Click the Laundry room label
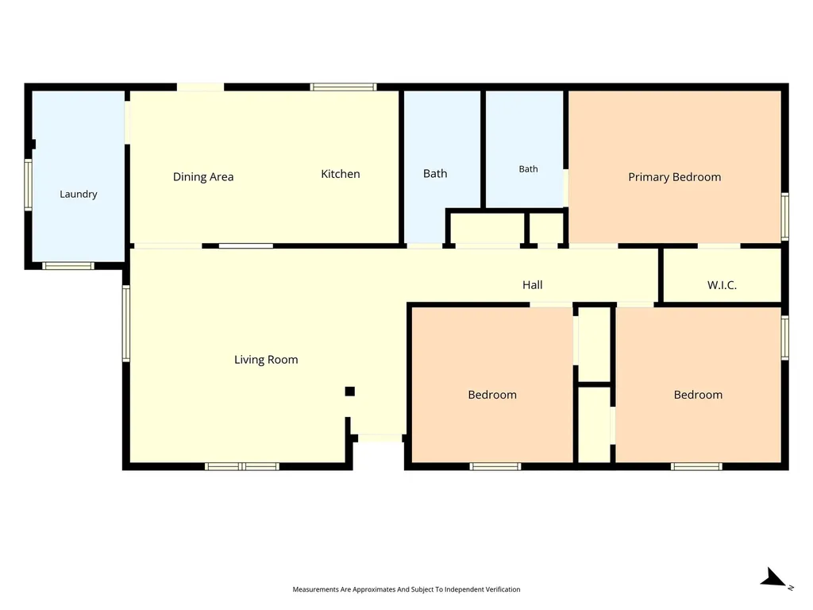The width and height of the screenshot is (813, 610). click(79, 194)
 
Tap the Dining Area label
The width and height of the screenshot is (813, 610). click(203, 177)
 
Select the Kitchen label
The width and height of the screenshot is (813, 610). click(340, 174)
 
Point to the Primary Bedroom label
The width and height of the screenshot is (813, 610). click(675, 177)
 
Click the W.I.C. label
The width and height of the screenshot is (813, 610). click(722, 285)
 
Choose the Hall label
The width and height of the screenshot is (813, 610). click(533, 285)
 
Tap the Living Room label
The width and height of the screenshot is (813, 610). click(266, 360)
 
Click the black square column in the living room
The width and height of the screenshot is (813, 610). click(350, 391)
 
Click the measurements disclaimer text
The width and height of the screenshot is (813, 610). click(406, 589)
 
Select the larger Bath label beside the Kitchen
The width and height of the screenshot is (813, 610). click(435, 174)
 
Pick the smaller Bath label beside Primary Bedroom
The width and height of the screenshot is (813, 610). click(528, 169)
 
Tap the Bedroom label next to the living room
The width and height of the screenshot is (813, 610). click(492, 395)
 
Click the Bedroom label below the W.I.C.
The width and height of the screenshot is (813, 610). click(698, 395)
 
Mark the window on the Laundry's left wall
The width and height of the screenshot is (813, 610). click(29, 184)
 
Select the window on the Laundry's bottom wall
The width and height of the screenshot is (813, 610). click(68, 266)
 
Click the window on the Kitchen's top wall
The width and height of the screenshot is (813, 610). click(343, 87)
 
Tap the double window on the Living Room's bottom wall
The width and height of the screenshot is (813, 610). click(242, 467)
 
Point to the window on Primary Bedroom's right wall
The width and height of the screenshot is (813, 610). click(785, 216)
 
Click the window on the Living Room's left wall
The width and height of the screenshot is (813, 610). click(126, 323)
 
